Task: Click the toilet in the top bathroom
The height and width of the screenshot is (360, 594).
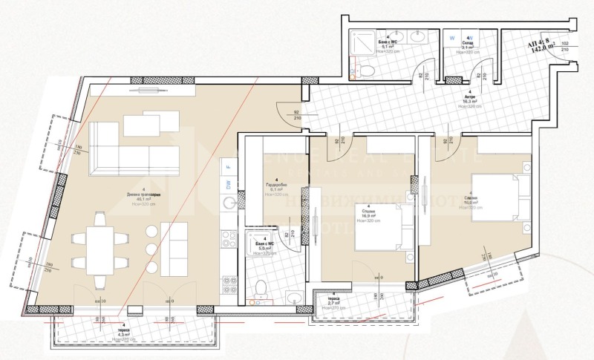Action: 365,69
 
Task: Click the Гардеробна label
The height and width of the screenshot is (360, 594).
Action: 276,184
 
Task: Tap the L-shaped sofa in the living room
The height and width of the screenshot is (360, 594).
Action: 134,148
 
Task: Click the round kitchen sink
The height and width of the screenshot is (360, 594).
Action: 229,203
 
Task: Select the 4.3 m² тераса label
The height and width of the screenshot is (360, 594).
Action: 122,333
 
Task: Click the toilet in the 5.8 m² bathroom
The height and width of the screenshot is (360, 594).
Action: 259,290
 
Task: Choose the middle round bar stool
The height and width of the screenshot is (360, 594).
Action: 152,249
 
